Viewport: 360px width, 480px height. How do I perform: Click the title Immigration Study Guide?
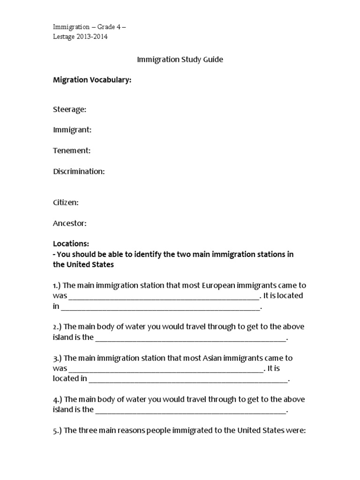coord(180,60)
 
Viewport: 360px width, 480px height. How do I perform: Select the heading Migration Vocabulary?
coord(92,80)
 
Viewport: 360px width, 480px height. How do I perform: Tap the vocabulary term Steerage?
coord(69,109)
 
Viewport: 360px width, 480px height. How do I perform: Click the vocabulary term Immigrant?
coord(72,130)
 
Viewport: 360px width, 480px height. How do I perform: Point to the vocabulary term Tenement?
coord(72,150)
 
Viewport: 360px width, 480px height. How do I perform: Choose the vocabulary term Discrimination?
coord(79,171)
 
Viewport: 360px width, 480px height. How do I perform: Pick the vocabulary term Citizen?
coord(66,202)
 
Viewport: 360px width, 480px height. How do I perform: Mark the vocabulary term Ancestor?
coord(70,223)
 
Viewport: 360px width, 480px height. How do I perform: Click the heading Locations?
coord(71,244)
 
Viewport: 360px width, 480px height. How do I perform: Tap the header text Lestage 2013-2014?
coord(80,37)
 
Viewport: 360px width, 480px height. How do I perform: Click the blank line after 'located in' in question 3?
coord(187,380)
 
